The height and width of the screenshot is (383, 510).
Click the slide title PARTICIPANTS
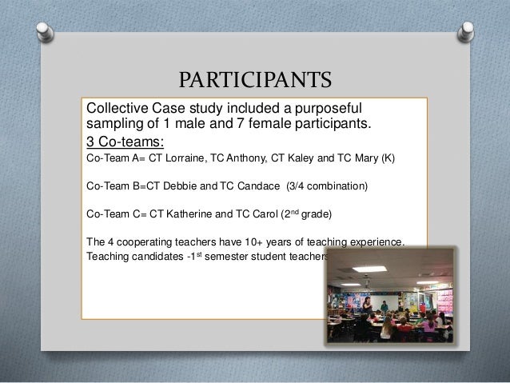pos(254,81)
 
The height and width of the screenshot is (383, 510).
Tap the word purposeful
pos(329,108)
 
